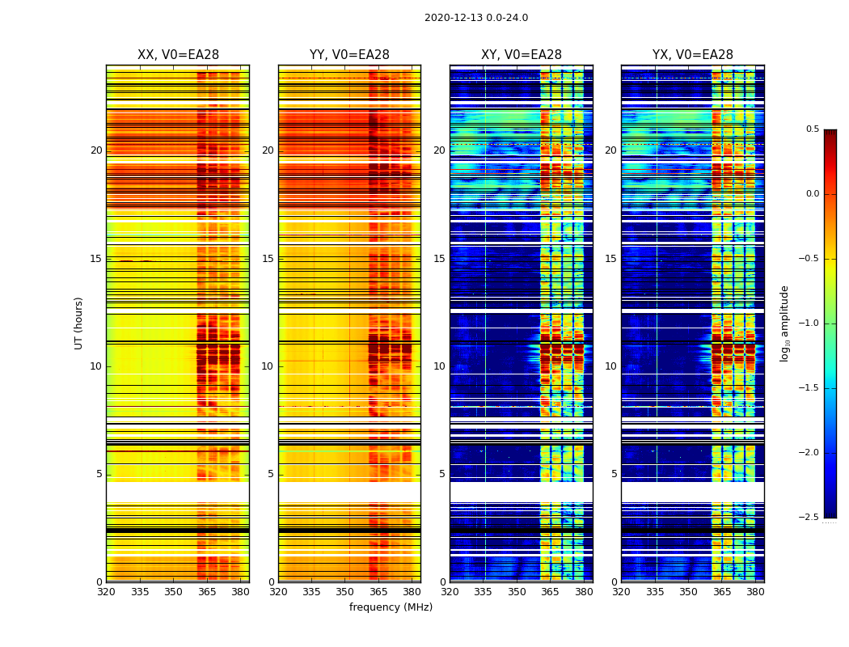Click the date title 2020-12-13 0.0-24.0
click(475, 18)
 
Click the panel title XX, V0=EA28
click(178, 55)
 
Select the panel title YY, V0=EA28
click(349, 55)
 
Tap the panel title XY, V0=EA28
click(522, 55)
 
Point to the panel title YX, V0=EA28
click(693, 55)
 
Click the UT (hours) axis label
click(79, 323)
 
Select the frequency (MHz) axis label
click(391, 607)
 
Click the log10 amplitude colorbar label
click(784, 323)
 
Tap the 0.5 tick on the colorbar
click(812, 129)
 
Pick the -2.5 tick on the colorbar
click(809, 518)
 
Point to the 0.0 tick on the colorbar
click(812, 194)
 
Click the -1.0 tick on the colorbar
click(809, 323)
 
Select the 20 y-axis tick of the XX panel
click(96, 150)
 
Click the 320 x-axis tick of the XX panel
click(106, 592)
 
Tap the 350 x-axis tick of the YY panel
click(345, 592)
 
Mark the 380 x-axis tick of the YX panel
click(755, 592)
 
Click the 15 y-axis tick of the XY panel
click(439, 259)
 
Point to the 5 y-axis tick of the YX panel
click(614, 474)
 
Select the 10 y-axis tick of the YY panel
click(268, 366)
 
